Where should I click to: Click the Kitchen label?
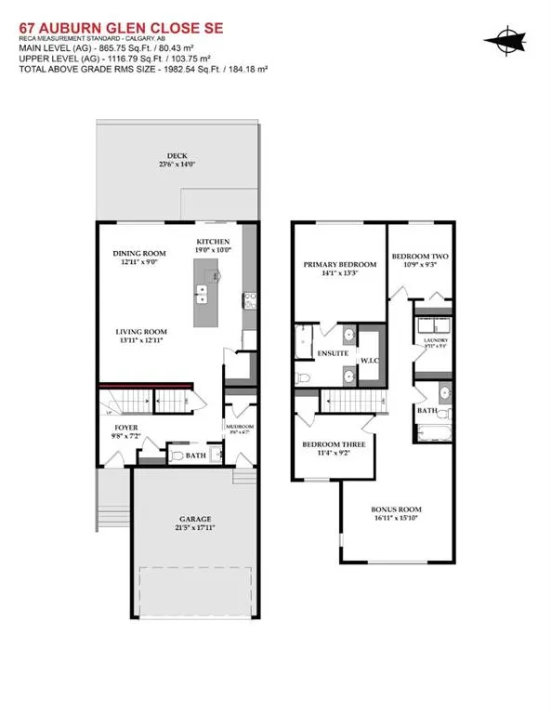click(x=212, y=242)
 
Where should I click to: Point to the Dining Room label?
click(x=139, y=254)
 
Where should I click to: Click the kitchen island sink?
click(x=202, y=293)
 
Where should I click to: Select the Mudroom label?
click(x=238, y=427)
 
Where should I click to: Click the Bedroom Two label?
click(x=417, y=257)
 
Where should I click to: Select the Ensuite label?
click(x=332, y=354)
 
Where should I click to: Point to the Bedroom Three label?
click(x=334, y=445)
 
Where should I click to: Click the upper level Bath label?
click(x=427, y=410)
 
